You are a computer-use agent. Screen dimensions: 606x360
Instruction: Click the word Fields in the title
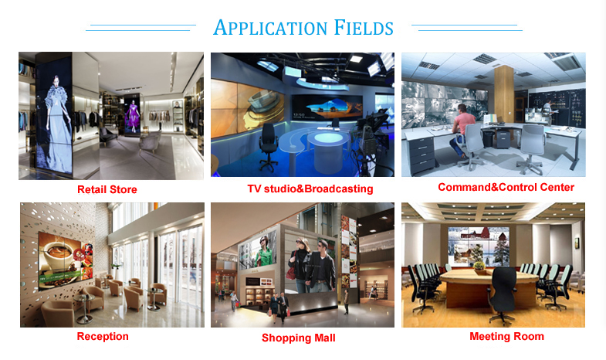364,28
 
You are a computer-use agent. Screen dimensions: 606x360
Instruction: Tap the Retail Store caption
107,189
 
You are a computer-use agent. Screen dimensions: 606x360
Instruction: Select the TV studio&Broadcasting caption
310,188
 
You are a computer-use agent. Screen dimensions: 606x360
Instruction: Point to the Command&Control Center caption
506,188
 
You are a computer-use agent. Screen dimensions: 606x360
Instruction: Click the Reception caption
103,336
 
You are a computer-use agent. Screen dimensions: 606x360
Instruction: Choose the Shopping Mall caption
298,338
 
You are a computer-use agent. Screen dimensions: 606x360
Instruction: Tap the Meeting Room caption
506,336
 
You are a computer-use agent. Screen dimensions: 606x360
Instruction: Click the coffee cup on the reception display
59,254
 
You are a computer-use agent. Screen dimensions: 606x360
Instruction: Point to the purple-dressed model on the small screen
134,116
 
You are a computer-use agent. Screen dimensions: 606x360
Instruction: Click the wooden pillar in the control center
504,94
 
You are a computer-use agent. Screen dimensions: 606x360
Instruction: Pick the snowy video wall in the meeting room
479,246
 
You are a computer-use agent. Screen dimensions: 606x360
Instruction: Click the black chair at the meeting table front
502,294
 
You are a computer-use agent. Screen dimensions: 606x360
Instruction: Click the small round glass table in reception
84,308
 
